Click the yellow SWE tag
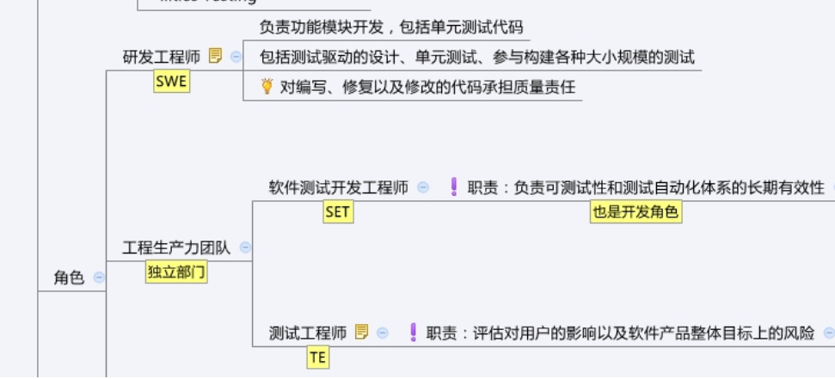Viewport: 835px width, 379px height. [x=171, y=83]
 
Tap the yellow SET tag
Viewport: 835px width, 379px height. [x=337, y=211]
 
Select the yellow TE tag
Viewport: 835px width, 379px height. [x=318, y=358]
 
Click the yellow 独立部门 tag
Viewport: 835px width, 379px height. [x=177, y=272]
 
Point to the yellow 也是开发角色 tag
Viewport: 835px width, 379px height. [x=635, y=212]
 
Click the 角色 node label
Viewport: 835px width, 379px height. [x=69, y=278]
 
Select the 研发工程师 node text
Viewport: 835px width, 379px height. [x=161, y=57]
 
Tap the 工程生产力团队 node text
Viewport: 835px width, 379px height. [x=176, y=248]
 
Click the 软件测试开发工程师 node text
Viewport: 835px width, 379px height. [x=338, y=187]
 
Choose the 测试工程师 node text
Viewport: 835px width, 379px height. [x=308, y=333]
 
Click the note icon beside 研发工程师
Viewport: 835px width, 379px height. [x=216, y=57]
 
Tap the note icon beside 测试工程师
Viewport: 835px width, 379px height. [x=362, y=333]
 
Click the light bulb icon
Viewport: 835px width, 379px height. [x=267, y=86]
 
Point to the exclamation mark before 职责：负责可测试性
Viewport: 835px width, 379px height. [x=454, y=187]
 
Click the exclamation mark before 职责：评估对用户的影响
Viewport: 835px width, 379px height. [x=413, y=333]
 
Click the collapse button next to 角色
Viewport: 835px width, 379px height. [x=99, y=278]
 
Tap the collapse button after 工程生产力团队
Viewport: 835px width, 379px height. [x=245, y=248]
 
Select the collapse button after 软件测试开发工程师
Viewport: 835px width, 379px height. [x=423, y=187]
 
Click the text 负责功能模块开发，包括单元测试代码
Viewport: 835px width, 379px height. [x=390, y=28]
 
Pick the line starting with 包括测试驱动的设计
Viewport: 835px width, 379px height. [x=476, y=58]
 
